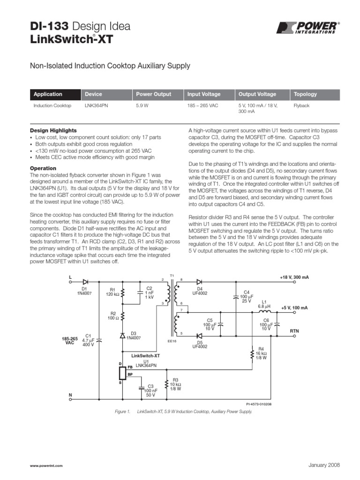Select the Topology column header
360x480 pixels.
[x=305, y=94]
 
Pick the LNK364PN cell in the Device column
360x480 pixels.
[x=96, y=106]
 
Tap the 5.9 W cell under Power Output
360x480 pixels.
[x=142, y=106]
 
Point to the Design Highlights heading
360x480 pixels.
[x=53, y=130]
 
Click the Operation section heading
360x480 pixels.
[x=43, y=168]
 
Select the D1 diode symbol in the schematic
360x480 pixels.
[x=85, y=282]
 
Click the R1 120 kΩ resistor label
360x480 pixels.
[x=112, y=292]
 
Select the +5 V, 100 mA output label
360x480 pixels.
[x=294, y=307]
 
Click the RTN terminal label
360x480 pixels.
[x=294, y=331]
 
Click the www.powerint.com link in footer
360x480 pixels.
[x=46, y=465]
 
